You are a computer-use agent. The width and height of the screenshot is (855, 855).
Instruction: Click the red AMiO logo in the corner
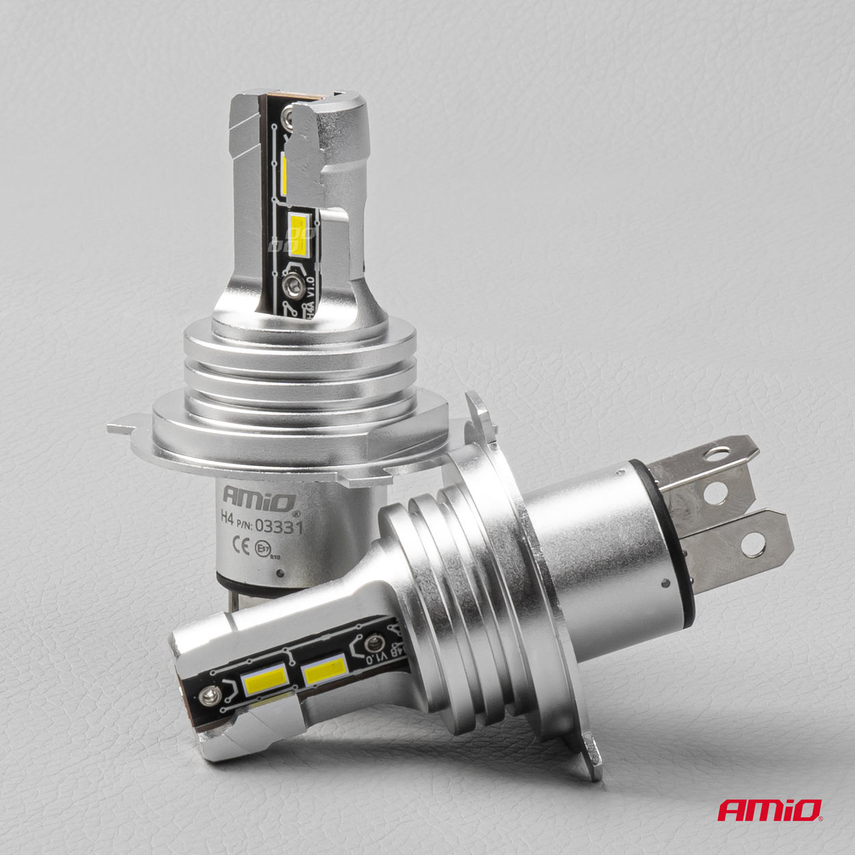pos(770,811)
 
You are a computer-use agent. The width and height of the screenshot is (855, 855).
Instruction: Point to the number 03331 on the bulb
pos(278,525)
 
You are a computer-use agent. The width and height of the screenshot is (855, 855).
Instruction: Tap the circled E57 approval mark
pos(262,548)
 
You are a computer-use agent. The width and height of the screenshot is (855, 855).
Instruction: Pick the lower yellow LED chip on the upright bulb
pos(299,234)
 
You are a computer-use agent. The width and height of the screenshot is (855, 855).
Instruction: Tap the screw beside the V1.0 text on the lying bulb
pos(373,644)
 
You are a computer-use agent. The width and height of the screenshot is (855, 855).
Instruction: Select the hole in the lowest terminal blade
pos(754,542)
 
